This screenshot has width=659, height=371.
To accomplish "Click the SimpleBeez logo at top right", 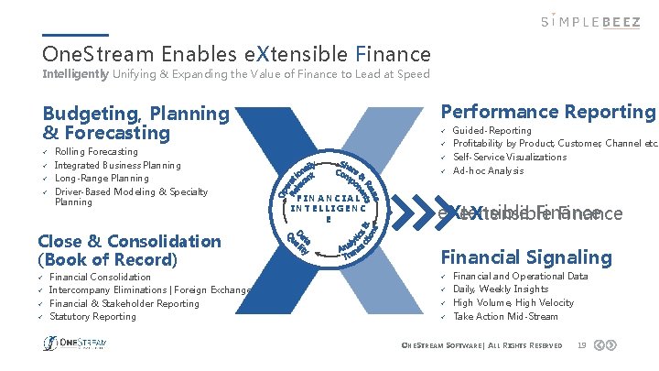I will point(589,20).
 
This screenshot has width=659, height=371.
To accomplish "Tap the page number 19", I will point(582,344).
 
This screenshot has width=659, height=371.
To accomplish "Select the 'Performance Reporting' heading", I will point(547,112).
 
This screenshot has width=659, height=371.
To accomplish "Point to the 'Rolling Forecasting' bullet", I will point(96,151).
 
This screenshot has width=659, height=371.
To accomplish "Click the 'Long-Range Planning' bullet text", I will point(102,179).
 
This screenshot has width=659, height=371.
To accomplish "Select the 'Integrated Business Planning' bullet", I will point(118,165).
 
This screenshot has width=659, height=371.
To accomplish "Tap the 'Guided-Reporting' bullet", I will point(492,131).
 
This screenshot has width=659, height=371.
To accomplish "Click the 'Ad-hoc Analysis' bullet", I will point(489,171).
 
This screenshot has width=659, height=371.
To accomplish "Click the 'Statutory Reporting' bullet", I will point(92,317).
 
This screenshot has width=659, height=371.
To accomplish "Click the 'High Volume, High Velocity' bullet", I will point(513,303).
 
